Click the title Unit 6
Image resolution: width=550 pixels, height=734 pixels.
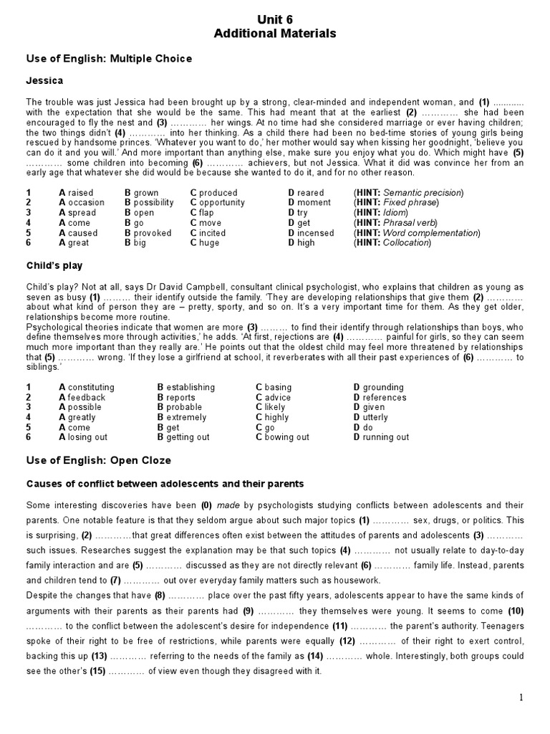point(275,19)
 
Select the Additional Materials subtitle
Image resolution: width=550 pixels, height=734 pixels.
point(275,34)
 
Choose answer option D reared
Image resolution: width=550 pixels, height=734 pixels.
point(306,193)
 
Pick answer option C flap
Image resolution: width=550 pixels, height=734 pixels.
point(202,213)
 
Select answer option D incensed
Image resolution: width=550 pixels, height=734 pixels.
point(311,233)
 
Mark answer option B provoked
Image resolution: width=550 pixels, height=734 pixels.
point(148,233)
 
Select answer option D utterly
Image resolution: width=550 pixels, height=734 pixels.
point(370,417)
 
